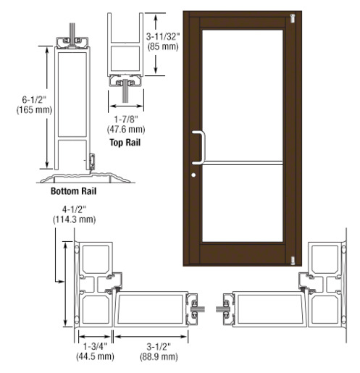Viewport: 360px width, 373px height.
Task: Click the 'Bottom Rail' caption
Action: coord(73,191)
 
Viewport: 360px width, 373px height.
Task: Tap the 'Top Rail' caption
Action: coord(125,142)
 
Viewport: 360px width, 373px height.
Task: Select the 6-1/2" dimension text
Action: coord(34,99)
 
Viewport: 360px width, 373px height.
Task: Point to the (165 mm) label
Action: coord(34,110)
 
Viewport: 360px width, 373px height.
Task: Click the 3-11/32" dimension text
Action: coord(163,37)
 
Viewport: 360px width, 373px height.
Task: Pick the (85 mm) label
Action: coord(163,46)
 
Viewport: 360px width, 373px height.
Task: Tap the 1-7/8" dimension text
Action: coord(126,120)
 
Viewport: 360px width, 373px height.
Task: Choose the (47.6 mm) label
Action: coord(126,130)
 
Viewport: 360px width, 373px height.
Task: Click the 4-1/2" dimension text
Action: coord(75,209)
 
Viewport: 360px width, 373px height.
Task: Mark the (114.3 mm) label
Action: coord(75,219)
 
